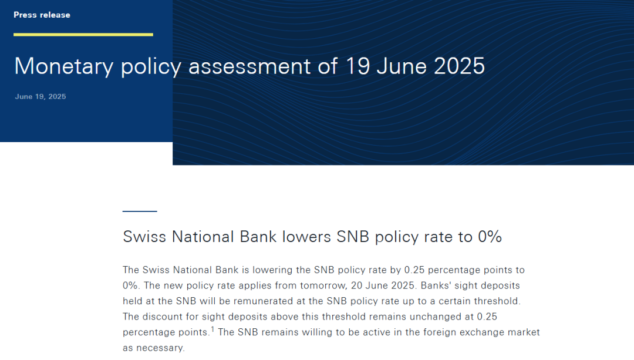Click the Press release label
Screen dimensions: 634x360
click(x=42, y=15)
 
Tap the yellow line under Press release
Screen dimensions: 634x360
click(x=83, y=35)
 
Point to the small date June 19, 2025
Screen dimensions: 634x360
click(x=41, y=97)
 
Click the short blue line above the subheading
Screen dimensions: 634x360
click(x=140, y=211)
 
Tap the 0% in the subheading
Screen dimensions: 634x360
click(x=490, y=237)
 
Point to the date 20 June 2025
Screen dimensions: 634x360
click(x=383, y=285)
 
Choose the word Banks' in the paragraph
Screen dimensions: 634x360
click(x=436, y=285)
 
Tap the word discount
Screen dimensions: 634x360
click(x=163, y=317)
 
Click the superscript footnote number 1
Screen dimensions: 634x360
click(x=213, y=329)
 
